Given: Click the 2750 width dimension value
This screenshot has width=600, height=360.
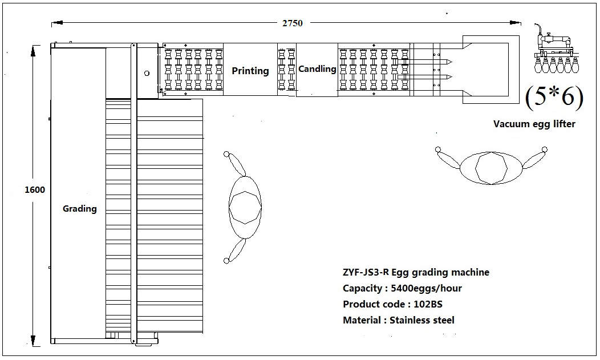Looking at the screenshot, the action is [x=293, y=23].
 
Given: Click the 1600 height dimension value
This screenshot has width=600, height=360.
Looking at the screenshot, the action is [x=34, y=190].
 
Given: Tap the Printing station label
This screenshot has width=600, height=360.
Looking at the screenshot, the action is [x=250, y=71].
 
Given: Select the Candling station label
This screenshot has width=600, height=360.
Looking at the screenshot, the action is [x=317, y=69].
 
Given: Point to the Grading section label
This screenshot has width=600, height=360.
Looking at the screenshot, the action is [x=80, y=208].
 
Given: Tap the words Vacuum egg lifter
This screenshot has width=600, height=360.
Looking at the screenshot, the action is [x=534, y=124].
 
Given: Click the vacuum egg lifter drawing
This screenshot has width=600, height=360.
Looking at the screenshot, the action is [x=557, y=49].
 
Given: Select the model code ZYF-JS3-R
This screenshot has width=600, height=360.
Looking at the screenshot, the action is [x=366, y=272].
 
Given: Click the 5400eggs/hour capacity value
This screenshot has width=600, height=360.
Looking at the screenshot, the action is [x=426, y=289].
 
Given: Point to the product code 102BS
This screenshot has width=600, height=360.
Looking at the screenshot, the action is [x=428, y=305].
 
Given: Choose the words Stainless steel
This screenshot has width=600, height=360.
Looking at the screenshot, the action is [x=421, y=320].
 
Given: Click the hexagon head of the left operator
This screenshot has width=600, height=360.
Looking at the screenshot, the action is [x=245, y=207].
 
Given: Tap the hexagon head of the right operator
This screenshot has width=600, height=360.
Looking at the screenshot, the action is [x=491, y=168].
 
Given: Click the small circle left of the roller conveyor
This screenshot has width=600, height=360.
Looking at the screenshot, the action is [x=147, y=74].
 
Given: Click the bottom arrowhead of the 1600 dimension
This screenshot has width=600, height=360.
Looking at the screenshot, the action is [x=33, y=341].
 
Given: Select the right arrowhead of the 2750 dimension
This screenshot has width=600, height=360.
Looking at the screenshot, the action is [x=516, y=23].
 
